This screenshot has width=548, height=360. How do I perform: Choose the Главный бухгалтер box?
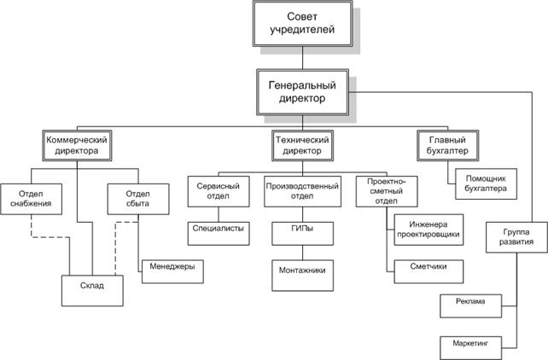click(446, 143)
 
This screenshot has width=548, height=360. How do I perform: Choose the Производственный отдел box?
click(299, 190)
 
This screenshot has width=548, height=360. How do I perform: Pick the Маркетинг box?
click(469, 344)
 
